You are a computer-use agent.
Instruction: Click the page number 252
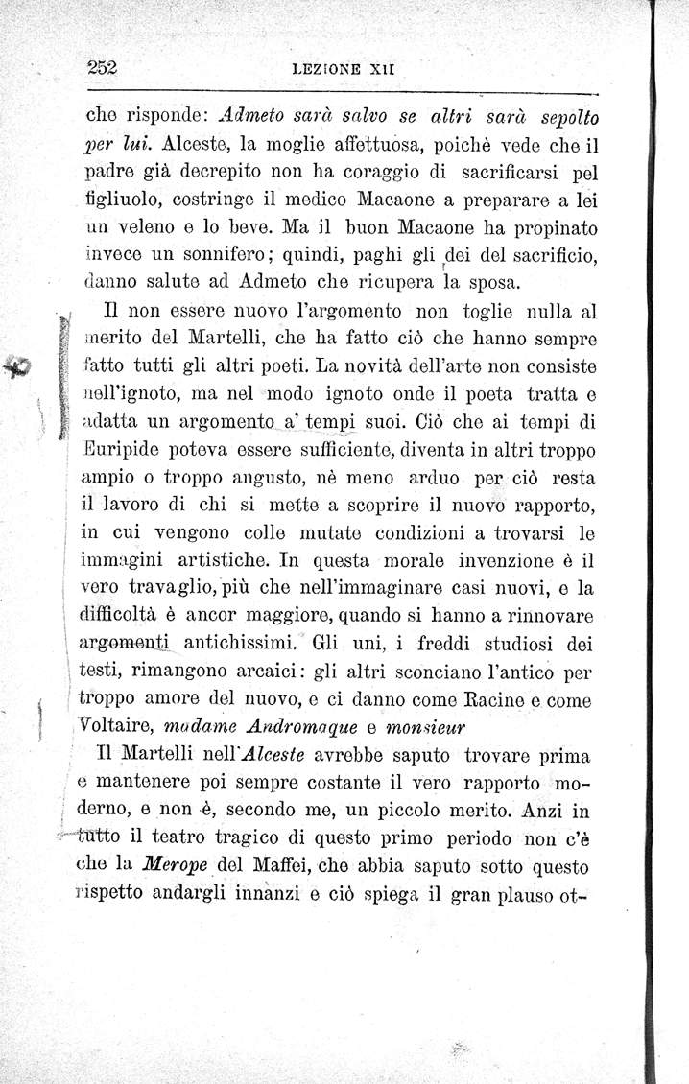101,69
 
